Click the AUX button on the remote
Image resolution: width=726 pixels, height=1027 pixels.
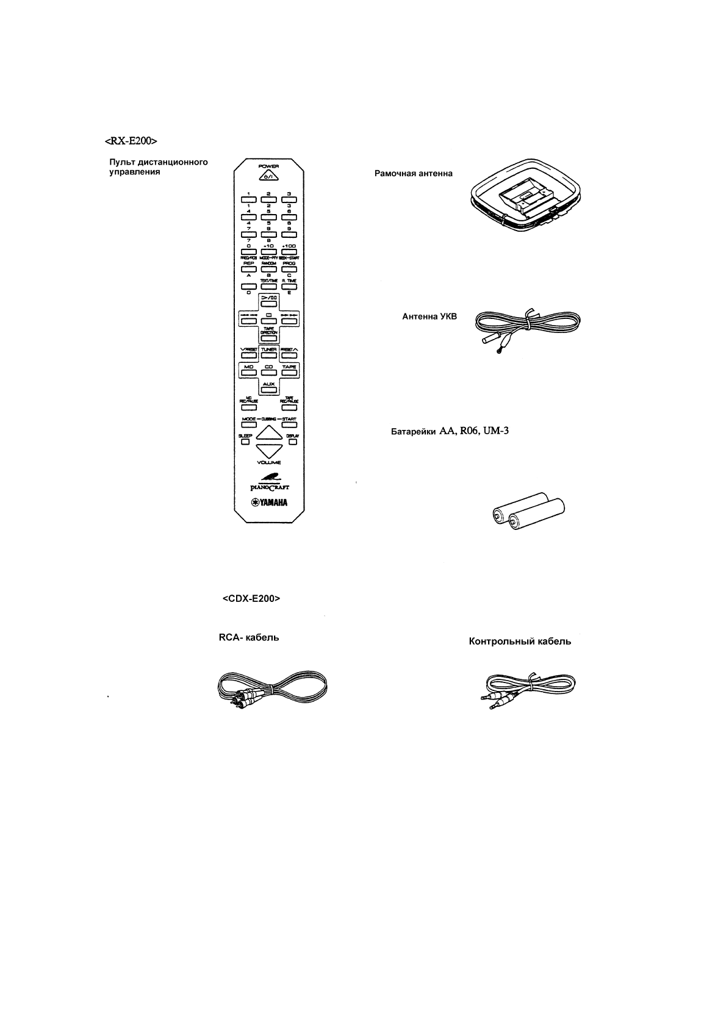click(268, 388)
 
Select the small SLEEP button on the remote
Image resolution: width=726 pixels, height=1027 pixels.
click(245, 442)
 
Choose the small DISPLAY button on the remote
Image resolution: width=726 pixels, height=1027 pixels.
click(293, 442)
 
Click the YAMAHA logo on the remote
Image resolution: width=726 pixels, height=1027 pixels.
click(268, 503)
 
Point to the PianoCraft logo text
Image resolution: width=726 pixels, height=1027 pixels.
click(268, 487)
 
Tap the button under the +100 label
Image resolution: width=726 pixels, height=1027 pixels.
click(289, 251)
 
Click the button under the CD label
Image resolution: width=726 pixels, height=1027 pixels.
click(268, 371)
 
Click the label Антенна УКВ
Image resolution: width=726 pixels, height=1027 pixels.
click(429, 317)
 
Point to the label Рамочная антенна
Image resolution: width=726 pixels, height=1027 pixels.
click(413, 173)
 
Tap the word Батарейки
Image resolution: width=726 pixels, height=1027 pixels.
click(412, 432)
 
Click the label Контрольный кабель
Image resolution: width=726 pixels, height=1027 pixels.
click(520, 642)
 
